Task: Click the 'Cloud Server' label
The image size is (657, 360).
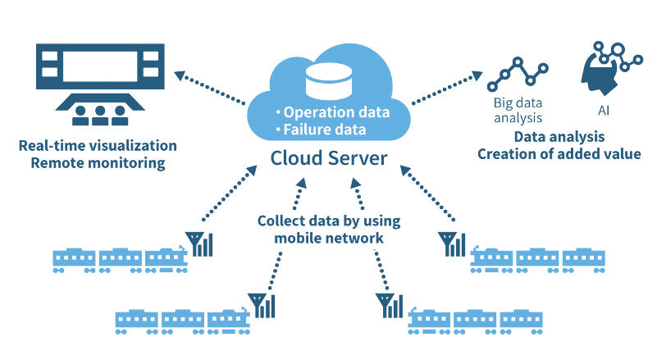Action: pos(329,157)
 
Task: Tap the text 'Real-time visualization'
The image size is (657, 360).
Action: pos(98,146)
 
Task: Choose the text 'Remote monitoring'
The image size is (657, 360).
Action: pos(92,163)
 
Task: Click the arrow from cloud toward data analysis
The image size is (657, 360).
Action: pos(447,88)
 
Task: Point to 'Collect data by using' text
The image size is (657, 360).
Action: pos(319,221)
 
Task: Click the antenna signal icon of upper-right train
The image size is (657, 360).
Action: pos(452,244)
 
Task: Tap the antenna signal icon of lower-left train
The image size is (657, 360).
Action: pos(264,305)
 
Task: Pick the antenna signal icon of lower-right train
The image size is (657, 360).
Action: pos(390,305)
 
